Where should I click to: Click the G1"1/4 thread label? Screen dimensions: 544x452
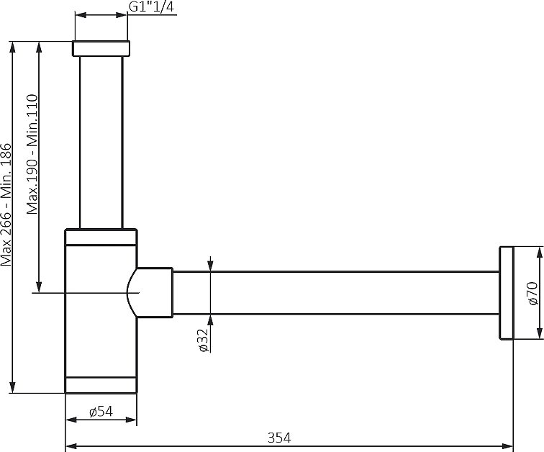click(151, 6)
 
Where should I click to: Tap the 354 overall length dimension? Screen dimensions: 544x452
click(279, 438)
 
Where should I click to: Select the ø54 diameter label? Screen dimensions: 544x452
click(101, 412)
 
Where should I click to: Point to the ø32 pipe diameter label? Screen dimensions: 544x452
click(204, 340)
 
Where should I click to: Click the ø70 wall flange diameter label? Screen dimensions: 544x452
click(532, 294)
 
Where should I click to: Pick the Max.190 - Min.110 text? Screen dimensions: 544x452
click(32, 154)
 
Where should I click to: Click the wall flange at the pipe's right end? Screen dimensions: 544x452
click(506, 293)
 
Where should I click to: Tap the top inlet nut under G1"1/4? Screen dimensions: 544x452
click(101, 48)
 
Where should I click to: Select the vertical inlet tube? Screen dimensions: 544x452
click(101, 143)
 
